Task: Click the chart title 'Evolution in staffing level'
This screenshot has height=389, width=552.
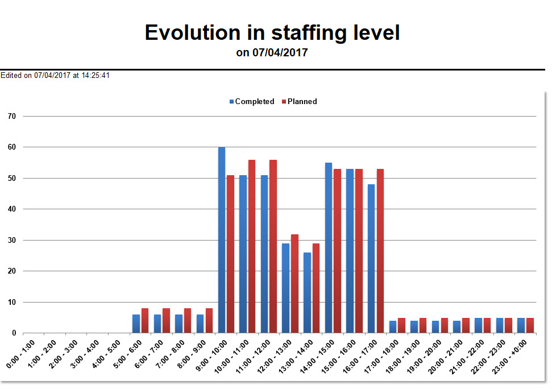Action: (272, 32)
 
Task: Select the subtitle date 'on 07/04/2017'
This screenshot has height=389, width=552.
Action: (272, 53)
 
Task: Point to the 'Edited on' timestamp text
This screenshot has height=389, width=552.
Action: (55, 75)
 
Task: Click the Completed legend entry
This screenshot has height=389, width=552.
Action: (251, 102)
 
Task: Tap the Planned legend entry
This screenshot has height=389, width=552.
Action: (299, 102)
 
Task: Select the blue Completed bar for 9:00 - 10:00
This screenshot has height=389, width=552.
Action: (222, 240)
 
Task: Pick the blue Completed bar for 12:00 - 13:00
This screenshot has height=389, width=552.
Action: (286, 288)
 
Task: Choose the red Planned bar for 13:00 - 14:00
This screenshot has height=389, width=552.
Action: (316, 288)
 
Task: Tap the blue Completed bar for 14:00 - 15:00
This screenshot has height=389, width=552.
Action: (329, 248)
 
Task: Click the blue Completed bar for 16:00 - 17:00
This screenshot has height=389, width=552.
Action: (371, 259)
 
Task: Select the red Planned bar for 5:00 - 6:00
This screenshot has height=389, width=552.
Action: (144, 321)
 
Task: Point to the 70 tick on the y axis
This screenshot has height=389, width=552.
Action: (12, 116)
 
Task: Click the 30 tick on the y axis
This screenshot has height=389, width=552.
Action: (12, 240)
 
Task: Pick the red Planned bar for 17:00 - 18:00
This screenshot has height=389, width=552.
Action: (401, 325)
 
